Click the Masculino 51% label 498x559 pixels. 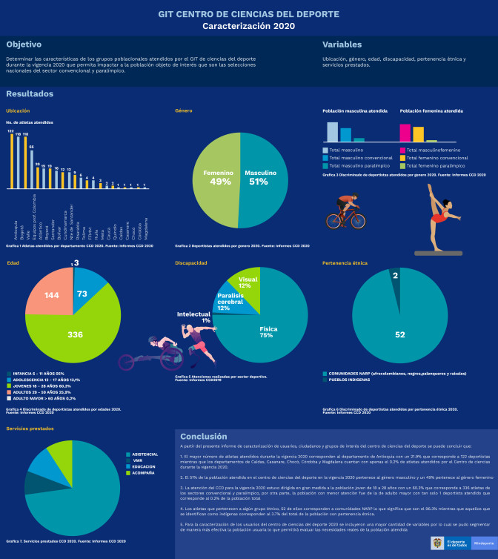pos(260,177)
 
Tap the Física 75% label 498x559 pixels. pos(268,331)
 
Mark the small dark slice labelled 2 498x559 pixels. pos(395,276)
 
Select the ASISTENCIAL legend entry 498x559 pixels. pos(144,454)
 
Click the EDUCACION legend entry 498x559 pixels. pos(142,466)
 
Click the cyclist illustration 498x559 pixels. pos(348,212)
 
